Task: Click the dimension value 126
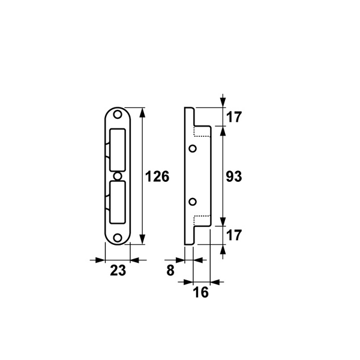coord(158,177)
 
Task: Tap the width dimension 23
coord(118,271)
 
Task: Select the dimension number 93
coord(233,177)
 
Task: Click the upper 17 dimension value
coord(234,117)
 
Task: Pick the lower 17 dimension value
coord(234,235)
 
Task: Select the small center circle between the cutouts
coord(118,176)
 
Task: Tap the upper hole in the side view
coord(193,148)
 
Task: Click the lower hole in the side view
coord(193,201)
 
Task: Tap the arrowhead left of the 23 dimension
coord(100,260)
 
